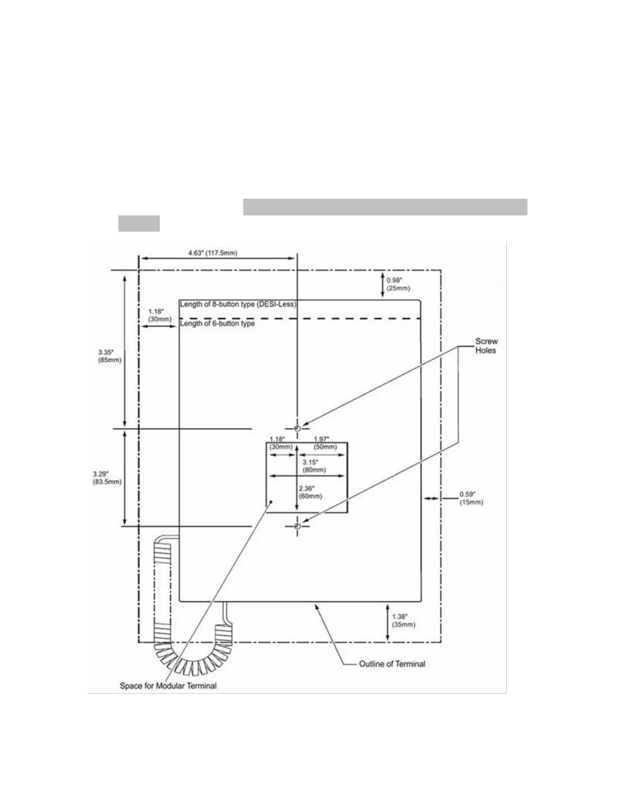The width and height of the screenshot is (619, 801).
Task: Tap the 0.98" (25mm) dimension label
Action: click(398, 284)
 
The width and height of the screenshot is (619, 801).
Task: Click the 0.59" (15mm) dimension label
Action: click(471, 498)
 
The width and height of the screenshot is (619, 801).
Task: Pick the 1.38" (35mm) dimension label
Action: click(404, 620)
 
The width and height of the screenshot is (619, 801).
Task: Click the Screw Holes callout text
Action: click(486, 346)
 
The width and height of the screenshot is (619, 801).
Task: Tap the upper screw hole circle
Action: click(297, 428)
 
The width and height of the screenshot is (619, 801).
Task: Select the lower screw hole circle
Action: click(297, 526)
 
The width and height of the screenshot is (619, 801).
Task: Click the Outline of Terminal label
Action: click(392, 664)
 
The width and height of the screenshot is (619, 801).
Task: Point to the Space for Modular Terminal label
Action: click(168, 686)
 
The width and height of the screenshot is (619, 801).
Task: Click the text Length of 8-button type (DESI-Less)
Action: click(238, 304)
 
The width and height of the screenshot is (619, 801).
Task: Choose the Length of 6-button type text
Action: click(217, 324)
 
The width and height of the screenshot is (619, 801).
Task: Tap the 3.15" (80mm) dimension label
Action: click(314, 466)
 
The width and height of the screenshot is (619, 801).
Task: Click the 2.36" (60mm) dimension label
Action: click(311, 492)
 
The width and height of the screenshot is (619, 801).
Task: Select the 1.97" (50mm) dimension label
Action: click(325, 443)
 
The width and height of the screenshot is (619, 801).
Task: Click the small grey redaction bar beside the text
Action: click(139, 224)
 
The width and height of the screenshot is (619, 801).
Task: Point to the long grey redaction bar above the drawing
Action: click(385, 207)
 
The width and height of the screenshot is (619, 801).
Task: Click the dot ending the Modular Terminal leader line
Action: click(272, 502)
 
